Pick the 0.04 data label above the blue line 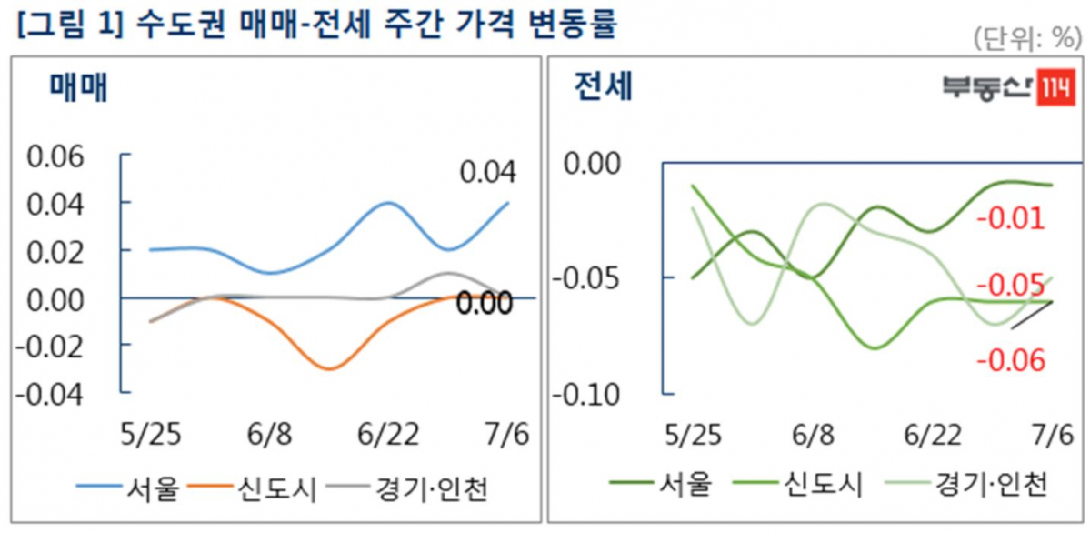[x=486, y=171]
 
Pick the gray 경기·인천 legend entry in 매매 [x=413, y=491]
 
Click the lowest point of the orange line [x=329, y=368]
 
